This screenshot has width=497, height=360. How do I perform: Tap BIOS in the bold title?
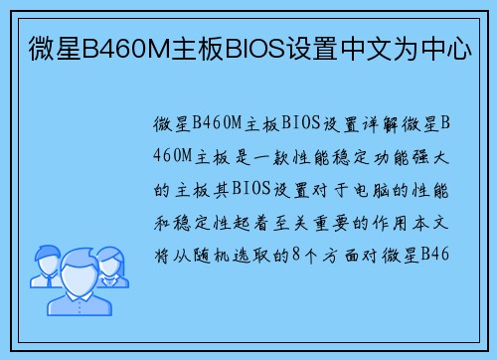257,46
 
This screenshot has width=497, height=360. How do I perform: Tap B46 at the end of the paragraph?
436,253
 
